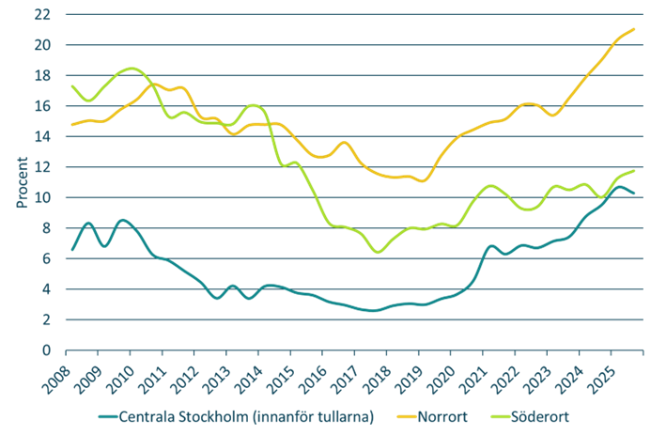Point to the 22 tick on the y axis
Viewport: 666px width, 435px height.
[44, 15]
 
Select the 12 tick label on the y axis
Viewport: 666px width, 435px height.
[44, 167]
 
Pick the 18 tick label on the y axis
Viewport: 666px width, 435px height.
[44, 76]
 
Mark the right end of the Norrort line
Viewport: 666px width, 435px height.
[636, 29]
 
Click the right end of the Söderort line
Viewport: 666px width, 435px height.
[636, 170]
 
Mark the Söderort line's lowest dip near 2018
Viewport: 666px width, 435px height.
[378, 252]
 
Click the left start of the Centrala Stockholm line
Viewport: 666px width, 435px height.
[71, 250]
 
